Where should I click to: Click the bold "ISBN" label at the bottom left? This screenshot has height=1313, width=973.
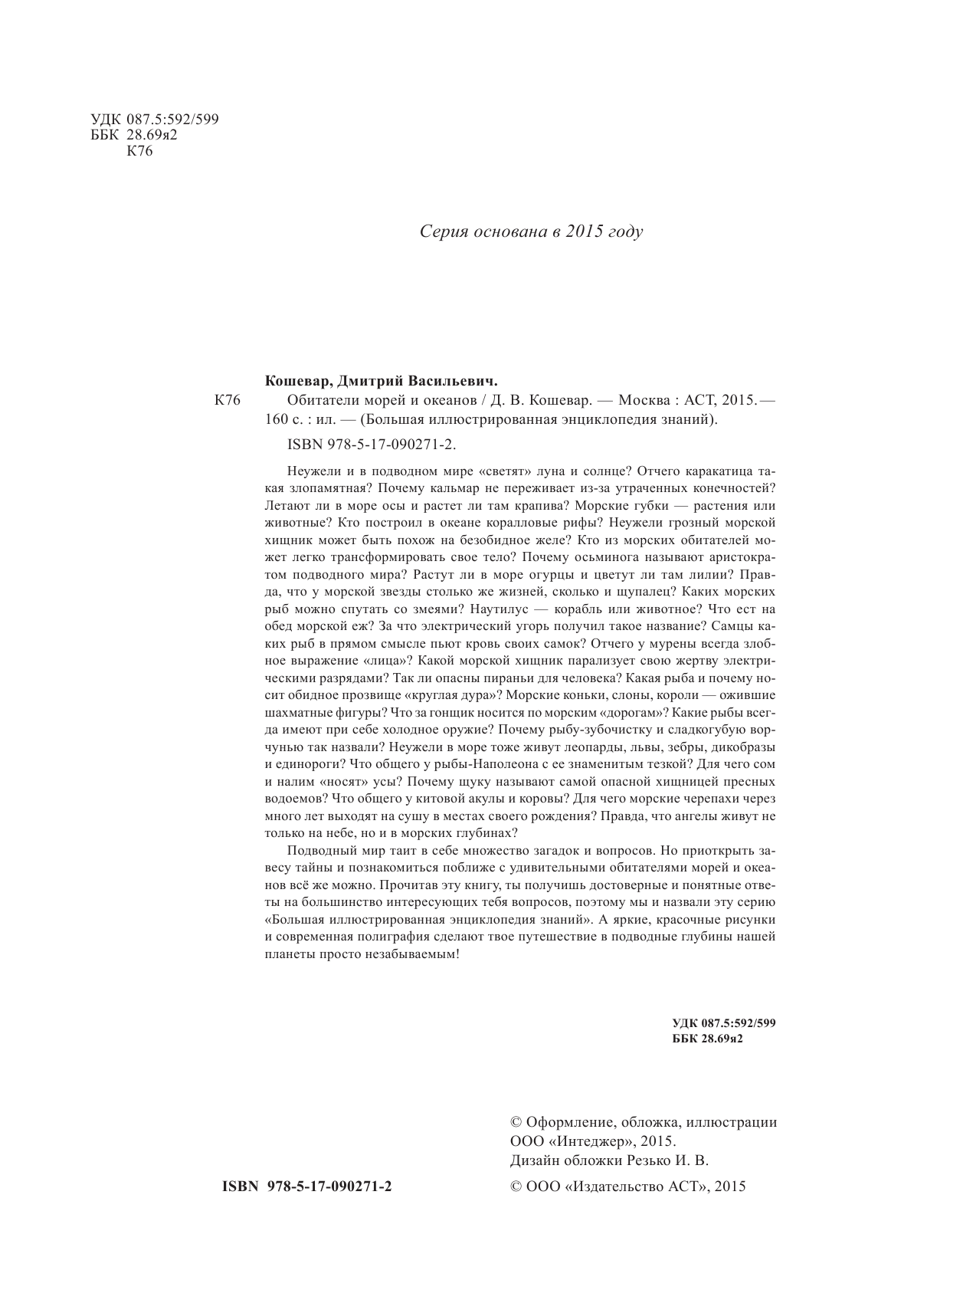pos(238,1187)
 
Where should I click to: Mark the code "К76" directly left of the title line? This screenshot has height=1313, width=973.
pos(228,399)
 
